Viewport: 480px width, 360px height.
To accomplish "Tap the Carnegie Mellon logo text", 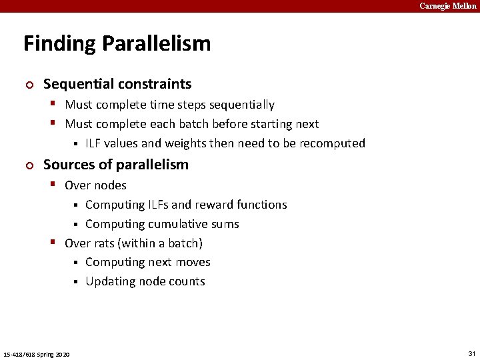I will (447, 6).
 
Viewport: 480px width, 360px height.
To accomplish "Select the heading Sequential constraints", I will (117, 84).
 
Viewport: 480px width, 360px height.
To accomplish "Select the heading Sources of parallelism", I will (116, 165).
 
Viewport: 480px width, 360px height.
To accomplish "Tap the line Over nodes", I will (95, 185).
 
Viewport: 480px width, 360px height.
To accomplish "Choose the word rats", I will (104, 243).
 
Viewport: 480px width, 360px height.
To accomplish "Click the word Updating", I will (109, 281).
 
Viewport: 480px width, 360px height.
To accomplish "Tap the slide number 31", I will (471, 353).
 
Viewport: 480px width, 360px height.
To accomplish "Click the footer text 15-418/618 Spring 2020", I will (37, 353).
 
